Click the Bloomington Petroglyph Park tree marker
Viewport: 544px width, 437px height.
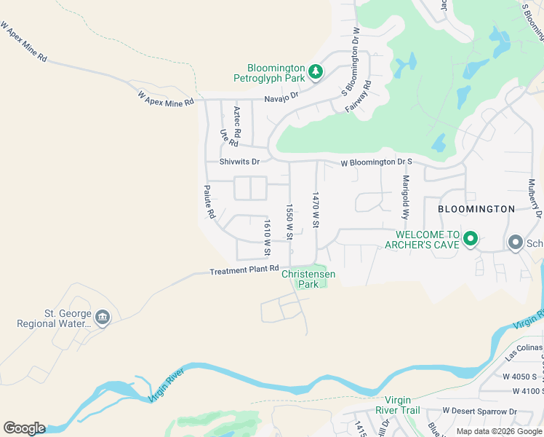(316, 71)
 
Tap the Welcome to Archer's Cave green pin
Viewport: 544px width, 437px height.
(471, 239)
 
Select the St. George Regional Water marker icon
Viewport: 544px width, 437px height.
(103, 318)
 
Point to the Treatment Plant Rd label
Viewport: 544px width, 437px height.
(244, 270)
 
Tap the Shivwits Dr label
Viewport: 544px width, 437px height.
(239, 162)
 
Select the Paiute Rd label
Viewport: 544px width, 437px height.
(209, 202)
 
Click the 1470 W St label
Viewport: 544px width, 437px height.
(316, 210)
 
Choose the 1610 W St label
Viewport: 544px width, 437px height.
(268, 238)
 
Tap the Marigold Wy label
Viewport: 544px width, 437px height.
(406, 197)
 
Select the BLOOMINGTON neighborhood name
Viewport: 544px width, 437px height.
(476, 209)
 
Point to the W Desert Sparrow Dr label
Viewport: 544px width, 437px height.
(479, 412)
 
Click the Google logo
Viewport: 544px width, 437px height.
(24, 428)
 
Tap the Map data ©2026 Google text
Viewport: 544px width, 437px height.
(498, 431)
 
